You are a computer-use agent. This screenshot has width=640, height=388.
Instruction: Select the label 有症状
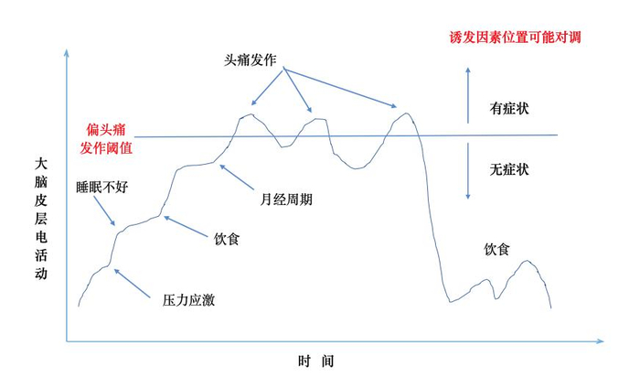coord(510,109)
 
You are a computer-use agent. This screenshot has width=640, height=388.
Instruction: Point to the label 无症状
coord(510,169)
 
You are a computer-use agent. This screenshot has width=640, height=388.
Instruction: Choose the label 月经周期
coord(283,198)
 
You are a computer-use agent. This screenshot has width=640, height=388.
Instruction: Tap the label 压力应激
coord(189,299)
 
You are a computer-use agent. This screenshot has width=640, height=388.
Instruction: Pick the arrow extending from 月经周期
coord(239,178)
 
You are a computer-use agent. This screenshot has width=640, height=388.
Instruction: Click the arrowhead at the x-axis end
coord(600,342)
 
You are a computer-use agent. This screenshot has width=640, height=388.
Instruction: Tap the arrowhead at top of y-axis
coord(66,50)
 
